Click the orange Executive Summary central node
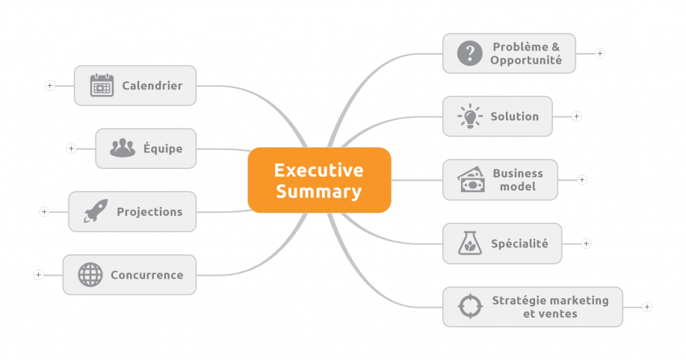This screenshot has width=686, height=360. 319,180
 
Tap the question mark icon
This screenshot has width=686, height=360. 469,53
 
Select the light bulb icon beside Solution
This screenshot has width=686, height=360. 469,117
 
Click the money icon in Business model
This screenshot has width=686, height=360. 470,180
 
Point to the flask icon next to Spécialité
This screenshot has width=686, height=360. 469,243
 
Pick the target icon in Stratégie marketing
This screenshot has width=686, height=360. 469,306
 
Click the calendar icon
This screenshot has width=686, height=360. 102,85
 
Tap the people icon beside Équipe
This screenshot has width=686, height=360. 123,149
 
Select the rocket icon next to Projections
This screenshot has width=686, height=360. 96,211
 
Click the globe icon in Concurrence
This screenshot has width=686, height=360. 90,275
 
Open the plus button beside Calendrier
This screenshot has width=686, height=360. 50,85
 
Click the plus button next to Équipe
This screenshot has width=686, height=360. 71,149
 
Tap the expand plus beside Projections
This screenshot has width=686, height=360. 44,212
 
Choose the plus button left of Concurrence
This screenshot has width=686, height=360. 38,275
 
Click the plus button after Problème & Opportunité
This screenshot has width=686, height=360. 600,53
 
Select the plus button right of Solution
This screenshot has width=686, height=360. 576,117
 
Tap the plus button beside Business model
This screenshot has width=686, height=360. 582,180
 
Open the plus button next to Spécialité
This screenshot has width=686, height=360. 586,243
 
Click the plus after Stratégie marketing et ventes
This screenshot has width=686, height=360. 647,307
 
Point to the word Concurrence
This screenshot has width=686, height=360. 146,275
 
